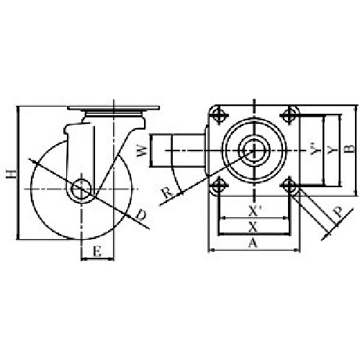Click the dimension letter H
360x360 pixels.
12,174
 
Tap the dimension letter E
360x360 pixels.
97,252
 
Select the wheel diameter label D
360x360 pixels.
141,215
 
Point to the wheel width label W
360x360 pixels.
142,150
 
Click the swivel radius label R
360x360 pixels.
167,193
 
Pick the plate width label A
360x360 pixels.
253,243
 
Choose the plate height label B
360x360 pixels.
351,149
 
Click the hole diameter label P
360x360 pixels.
338,212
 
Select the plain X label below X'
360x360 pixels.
253,227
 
